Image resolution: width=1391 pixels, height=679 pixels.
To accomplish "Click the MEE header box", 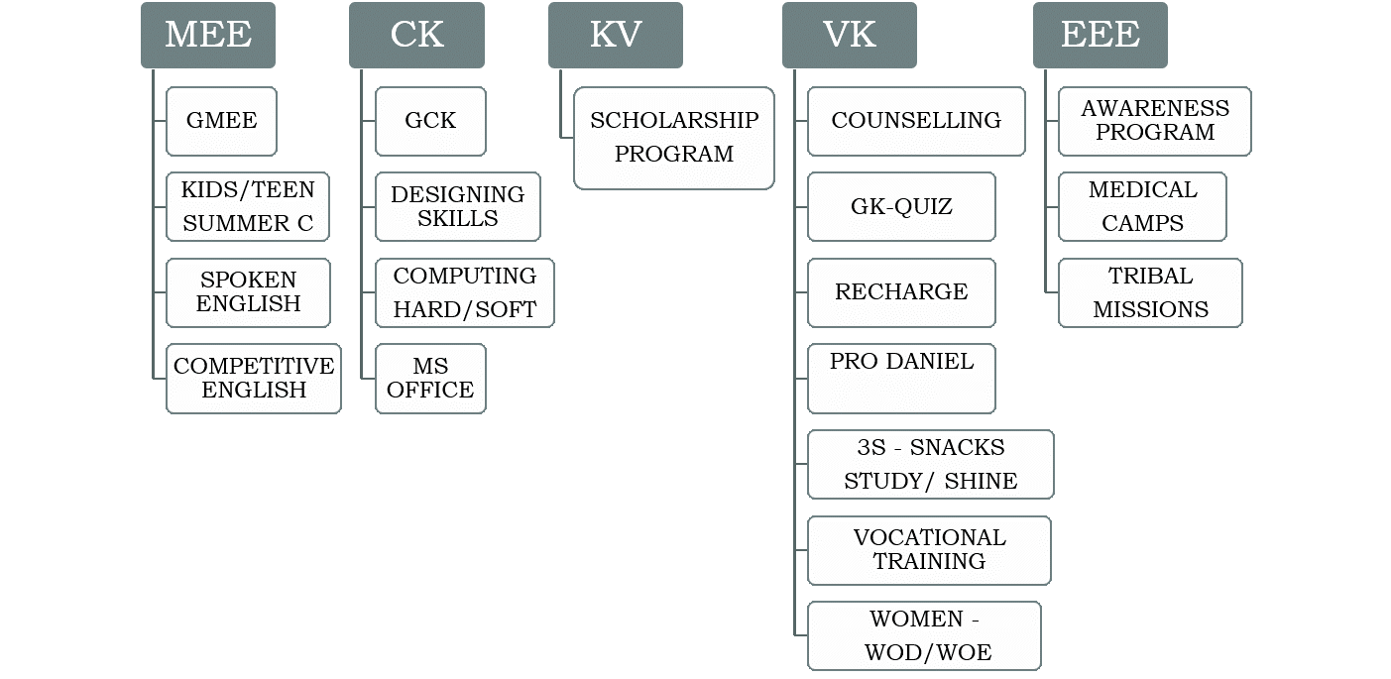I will click(208, 35).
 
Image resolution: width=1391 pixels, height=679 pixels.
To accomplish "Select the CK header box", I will click(416, 35).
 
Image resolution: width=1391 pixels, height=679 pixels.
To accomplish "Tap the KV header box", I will click(616, 35).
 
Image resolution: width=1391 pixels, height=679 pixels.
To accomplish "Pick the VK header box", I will click(850, 35).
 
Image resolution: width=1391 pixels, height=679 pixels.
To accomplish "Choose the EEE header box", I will click(1101, 35).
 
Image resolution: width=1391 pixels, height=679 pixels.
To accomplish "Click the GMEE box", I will click(221, 121).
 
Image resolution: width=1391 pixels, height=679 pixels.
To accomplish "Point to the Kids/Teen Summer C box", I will click(248, 207).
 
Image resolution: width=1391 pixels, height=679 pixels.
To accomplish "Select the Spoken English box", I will click(248, 292).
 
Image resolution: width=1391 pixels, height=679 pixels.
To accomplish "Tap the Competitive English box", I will click(254, 379).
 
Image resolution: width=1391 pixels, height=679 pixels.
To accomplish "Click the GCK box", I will click(430, 121).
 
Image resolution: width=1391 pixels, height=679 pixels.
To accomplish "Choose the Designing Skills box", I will click(458, 207).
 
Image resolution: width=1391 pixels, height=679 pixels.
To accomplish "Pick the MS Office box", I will click(430, 379).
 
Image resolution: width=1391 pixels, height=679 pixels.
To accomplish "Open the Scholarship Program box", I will click(674, 138).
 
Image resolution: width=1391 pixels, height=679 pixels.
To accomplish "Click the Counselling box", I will click(916, 121).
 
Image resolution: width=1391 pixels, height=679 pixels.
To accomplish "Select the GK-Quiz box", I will click(901, 207).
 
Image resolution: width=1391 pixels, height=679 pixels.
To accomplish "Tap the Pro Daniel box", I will click(901, 378).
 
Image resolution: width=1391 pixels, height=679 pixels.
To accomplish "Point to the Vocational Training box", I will click(929, 550).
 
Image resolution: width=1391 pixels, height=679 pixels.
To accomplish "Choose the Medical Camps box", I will click(1142, 207).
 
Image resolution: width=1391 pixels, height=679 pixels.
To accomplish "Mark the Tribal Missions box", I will click(1150, 292).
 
